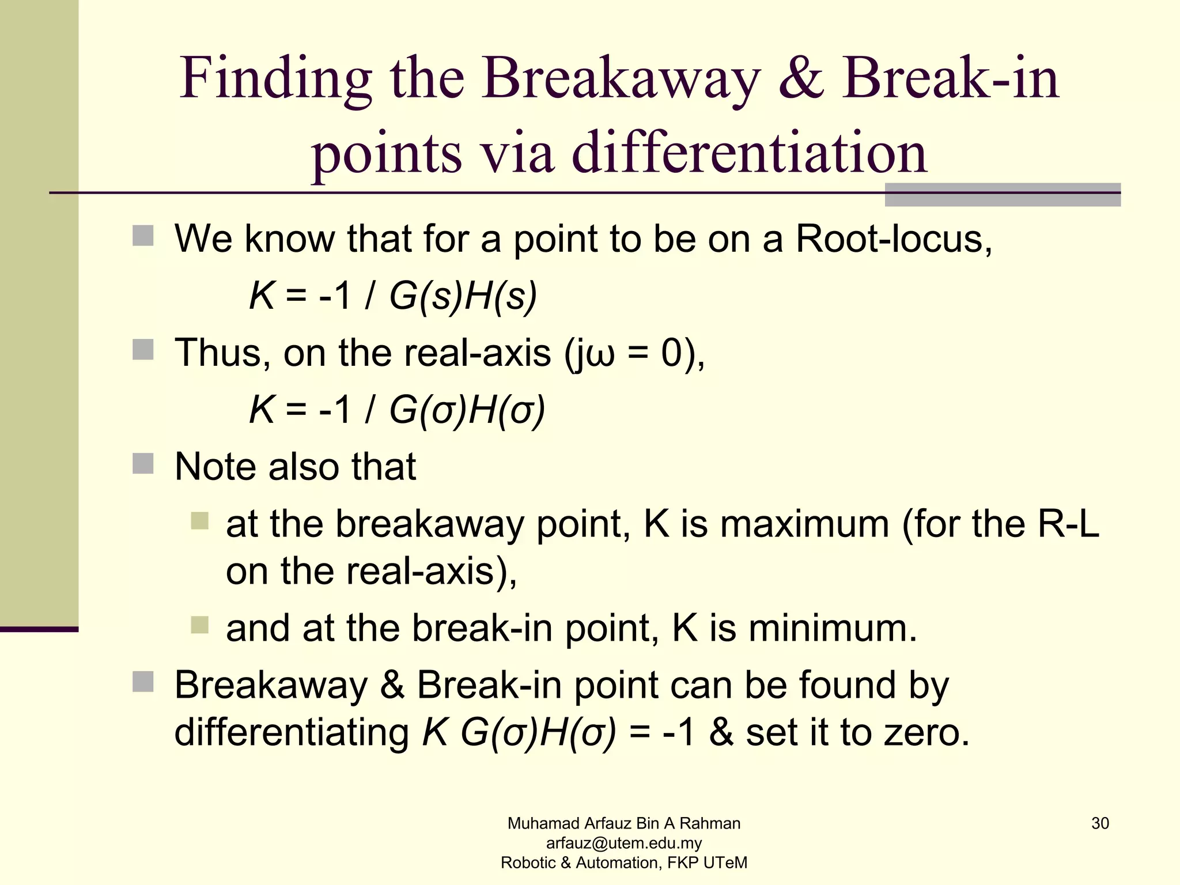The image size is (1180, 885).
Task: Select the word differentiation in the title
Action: pos(749,153)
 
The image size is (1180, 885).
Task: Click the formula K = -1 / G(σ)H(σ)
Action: pos(396,410)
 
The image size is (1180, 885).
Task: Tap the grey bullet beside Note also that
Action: pos(143,464)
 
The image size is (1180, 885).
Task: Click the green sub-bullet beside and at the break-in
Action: pos(199,625)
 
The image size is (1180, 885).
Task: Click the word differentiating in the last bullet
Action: pos(292,733)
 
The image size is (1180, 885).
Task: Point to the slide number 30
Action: pos(1099,823)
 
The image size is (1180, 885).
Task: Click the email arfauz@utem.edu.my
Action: pos(623,843)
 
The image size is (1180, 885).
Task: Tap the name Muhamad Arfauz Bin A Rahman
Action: pos(623,823)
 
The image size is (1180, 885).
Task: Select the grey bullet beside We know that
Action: pos(143,236)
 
